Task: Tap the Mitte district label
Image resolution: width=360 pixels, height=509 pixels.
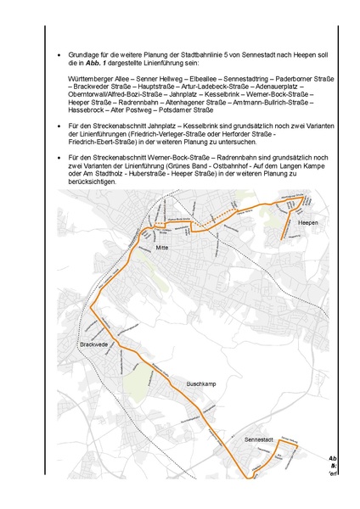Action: (x=162, y=247)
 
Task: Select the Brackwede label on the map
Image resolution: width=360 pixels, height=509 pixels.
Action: (x=93, y=345)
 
